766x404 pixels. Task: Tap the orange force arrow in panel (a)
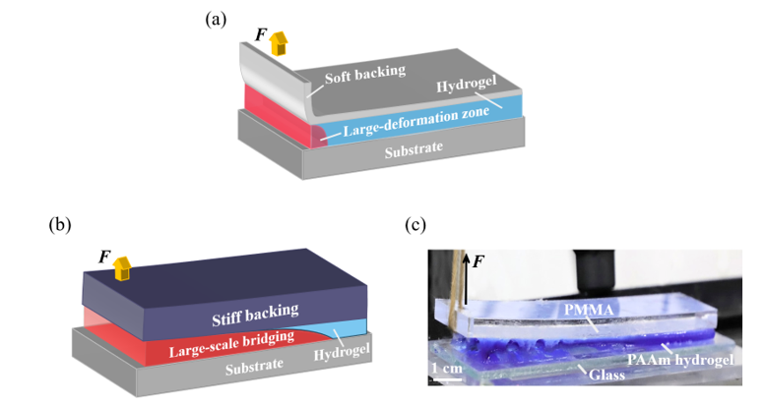[280, 41]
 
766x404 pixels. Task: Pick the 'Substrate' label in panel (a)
[415, 149]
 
